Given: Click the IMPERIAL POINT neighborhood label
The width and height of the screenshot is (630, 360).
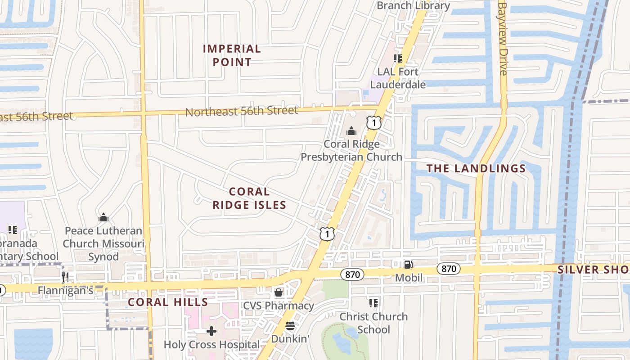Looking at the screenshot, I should click(x=232, y=55).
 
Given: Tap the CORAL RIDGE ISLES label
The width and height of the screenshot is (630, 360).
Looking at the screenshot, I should click(x=249, y=198).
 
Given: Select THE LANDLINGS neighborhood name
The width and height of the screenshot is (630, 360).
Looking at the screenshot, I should click(x=476, y=169).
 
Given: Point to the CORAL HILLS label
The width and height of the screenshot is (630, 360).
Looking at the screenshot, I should click(x=168, y=302).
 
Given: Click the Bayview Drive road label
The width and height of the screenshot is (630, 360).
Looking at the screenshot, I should click(x=503, y=38).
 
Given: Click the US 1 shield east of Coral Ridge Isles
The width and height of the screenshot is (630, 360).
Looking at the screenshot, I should click(x=328, y=233).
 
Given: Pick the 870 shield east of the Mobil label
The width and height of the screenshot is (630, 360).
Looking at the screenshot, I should click(x=448, y=269).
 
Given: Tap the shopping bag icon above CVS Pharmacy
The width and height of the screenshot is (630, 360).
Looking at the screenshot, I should click(x=279, y=293).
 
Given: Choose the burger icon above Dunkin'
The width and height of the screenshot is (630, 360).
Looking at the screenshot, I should click(x=290, y=326).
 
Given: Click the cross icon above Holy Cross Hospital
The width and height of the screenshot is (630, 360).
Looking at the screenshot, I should click(x=211, y=332).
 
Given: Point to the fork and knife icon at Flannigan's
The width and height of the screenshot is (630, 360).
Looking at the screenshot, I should click(x=66, y=277).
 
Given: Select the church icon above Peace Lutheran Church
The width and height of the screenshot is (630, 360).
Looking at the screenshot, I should click(x=103, y=218).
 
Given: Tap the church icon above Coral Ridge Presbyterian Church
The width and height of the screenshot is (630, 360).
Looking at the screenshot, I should click(x=351, y=131).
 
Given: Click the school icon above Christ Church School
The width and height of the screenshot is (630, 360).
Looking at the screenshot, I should click(x=373, y=303).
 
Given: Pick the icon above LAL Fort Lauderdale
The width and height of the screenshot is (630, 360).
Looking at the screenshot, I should click(x=397, y=58).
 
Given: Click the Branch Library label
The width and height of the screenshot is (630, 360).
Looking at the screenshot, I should click(x=413, y=6).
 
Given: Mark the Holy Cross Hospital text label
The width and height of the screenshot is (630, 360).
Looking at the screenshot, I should click(x=211, y=345).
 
